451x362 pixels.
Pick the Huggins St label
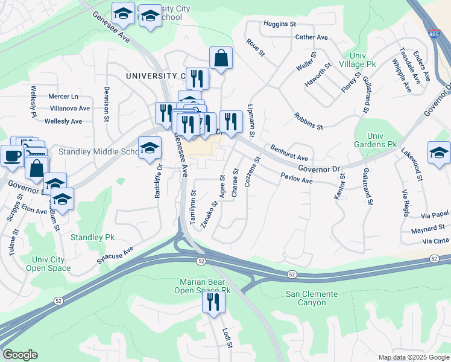coord(280,24)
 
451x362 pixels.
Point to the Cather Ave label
coord(311,37)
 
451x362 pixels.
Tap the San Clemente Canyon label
coord(312,298)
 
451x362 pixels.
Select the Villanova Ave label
coord(69,109)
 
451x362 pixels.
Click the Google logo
coord(20,355)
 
